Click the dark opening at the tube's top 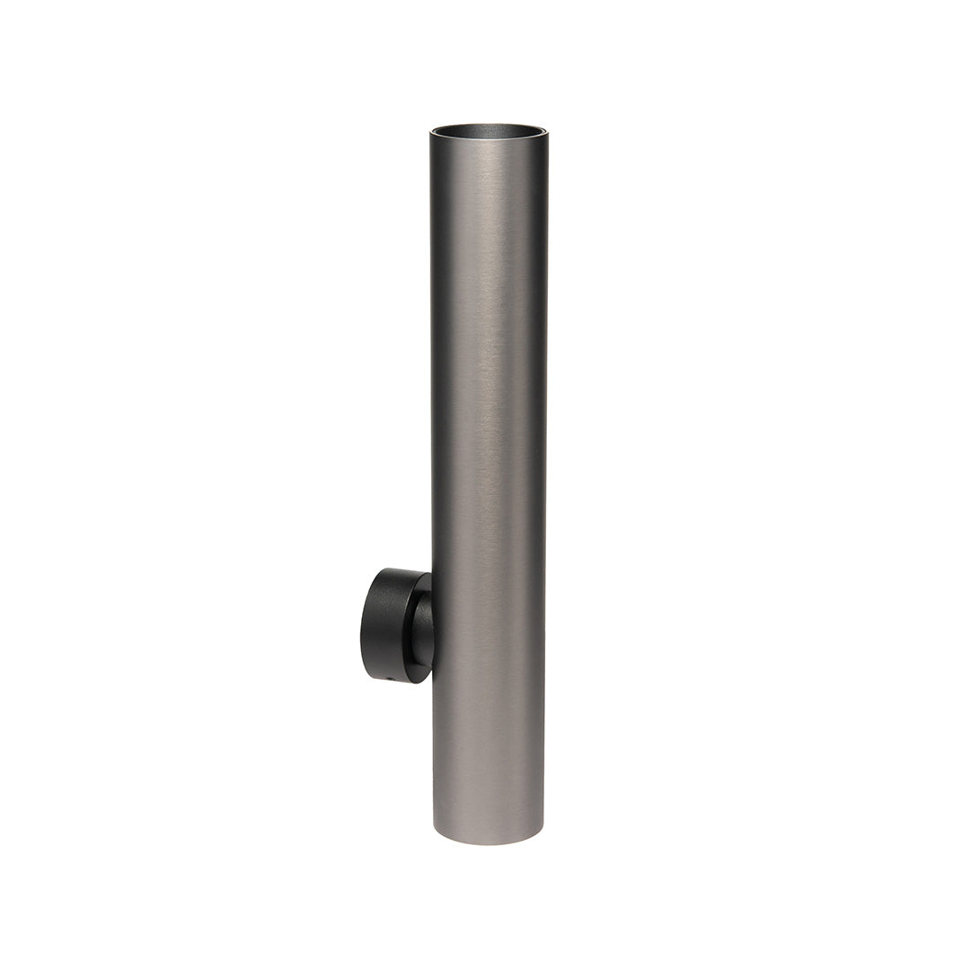click(488, 131)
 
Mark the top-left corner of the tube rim click(431, 134)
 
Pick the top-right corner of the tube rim click(545, 134)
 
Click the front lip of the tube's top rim click(488, 141)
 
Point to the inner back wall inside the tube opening click(488, 128)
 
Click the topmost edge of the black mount click(395, 569)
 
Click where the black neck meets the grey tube click(432, 629)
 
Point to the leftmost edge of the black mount click(362, 625)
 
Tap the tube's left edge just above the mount click(433, 539)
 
